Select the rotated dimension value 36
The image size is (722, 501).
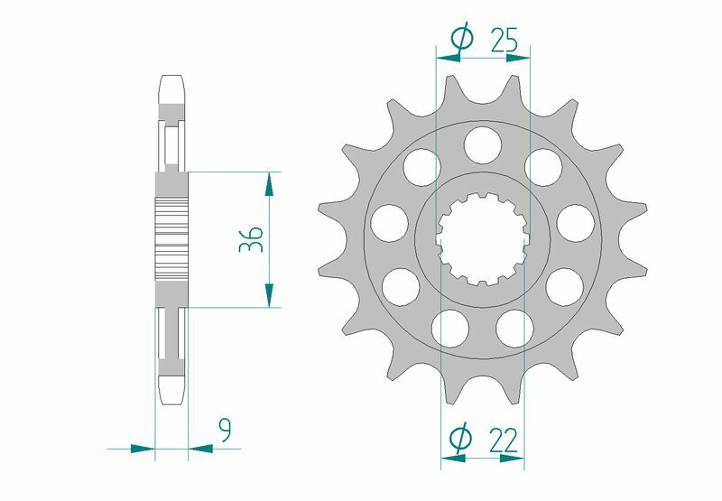[253, 239]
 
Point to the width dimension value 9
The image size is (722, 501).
[224, 431]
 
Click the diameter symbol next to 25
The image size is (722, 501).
[460, 39]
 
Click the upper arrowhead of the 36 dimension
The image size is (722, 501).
[269, 184]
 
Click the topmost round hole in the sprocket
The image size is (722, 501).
[483, 142]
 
